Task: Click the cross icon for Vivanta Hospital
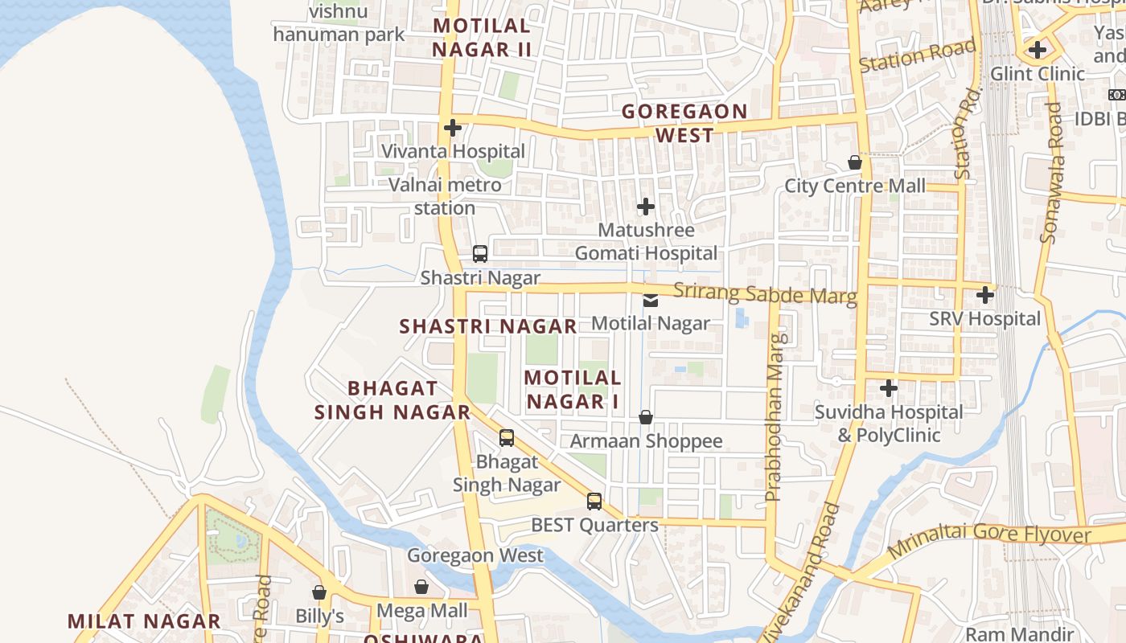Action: [x=453, y=128]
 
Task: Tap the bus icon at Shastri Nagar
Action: [x=480, y=254]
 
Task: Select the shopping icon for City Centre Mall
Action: [x=855, y=162]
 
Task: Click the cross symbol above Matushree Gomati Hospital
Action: [x=646, y=207]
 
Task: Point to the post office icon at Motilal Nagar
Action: [x=651, y=301]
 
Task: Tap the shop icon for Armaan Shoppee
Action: [x=646, y=417]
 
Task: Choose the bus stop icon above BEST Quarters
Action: [x=594, y=502]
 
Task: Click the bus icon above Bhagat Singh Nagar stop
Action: [x=507, y=438]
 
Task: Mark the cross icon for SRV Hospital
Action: [x=985, y=295]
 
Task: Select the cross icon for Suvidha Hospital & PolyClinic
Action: [x=889, y=389]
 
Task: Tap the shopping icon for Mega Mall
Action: [x=421, y=587]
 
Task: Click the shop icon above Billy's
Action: [x=319, y=592]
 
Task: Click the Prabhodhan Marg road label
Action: [x=775, y=418]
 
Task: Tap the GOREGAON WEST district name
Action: [x=684, y=123]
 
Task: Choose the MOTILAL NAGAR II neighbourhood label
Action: [x=482, y=38]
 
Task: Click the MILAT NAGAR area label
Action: [x=144, y=621]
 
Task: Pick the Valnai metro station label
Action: [x=445, y=196]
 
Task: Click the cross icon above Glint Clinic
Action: [x=1038, y=50]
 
